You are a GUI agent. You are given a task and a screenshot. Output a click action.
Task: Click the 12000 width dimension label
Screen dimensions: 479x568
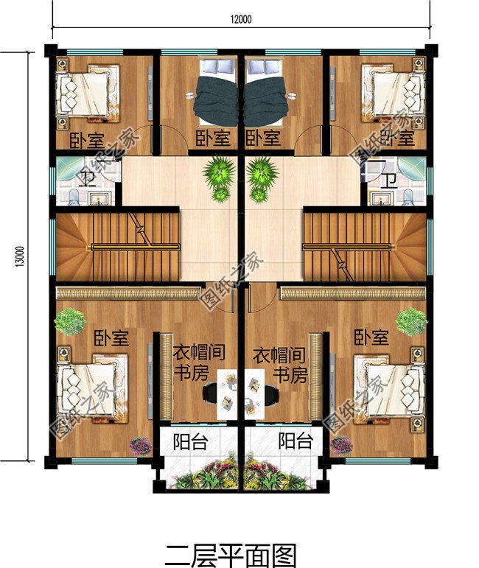click(241, 19)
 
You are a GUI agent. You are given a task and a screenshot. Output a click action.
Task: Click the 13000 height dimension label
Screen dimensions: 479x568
click(20, 256)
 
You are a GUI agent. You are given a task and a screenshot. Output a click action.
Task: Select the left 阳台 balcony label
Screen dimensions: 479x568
click(191, 441)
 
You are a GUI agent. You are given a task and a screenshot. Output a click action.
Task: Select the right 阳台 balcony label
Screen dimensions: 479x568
click(296, 441)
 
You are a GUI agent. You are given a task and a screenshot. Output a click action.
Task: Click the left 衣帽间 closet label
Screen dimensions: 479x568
click(198, 352)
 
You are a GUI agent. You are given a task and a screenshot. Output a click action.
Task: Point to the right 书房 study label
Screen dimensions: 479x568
click(290, 375)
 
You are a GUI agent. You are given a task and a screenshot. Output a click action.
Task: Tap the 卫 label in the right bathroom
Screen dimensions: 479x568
click(390, 180)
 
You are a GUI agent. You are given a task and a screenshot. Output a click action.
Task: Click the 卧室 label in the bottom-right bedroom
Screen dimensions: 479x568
click(371, 337)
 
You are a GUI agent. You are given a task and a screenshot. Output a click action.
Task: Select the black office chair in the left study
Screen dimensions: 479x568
click(211, 393)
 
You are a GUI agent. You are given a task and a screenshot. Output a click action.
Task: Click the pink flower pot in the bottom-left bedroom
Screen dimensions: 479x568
click(141, 445)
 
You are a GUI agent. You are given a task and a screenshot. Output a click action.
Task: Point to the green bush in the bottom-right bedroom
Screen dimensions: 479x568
click(411, 322)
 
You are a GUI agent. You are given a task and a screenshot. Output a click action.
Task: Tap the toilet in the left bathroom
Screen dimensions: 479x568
click(74, 197)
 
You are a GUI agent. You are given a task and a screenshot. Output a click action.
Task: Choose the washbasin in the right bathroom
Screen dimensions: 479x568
click(380, 198)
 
